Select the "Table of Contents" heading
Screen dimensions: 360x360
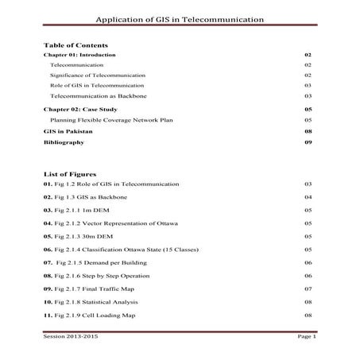[75, 45]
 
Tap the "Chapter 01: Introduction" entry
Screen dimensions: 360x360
[79, 55]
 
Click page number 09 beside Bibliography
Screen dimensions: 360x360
[308, 143]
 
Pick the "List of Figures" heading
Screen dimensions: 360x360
[70, 173]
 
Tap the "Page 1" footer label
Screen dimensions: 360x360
[307, 337]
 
